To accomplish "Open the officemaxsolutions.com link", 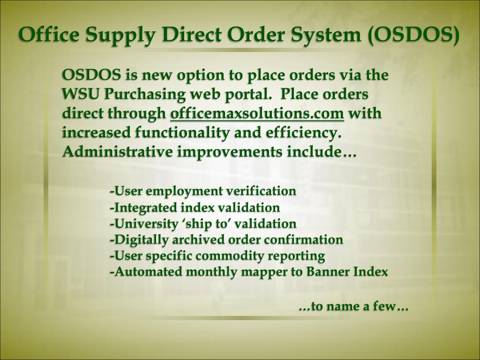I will [257, 114].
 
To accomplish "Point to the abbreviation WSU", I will [81, 94].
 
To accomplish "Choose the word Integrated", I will [142, 207].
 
